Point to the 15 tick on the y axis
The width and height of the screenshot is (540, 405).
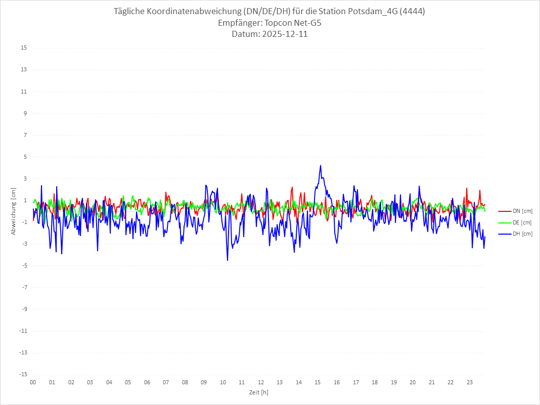coord(24,48)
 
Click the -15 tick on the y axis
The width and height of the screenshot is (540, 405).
coord(23,375)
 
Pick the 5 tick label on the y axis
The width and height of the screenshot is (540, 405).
coord(25,157)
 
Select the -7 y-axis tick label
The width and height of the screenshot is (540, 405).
coord(24,287)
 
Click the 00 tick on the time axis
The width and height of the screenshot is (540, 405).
coord(33,382)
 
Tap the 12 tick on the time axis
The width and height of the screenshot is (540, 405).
coord(261,382)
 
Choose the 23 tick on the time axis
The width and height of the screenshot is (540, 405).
coord(470,382)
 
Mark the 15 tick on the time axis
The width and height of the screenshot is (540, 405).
coord(318,382)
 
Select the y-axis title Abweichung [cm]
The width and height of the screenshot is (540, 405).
coord(14,211)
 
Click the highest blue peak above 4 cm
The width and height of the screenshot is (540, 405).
coord(321,165)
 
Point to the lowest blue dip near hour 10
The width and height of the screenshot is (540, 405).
coord(228,260)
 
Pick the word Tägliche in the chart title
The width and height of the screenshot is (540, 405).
coord(132,12)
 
